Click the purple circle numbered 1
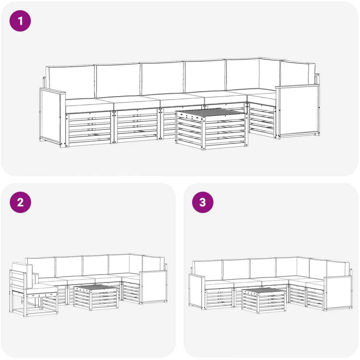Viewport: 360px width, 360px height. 20,21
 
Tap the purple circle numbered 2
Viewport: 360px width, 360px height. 20,202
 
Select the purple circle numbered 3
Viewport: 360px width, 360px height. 202,202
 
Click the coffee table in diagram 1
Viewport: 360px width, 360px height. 212,129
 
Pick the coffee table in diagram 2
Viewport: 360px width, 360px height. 96,297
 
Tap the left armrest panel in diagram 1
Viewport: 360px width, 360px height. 52,117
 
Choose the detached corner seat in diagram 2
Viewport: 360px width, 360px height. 33,290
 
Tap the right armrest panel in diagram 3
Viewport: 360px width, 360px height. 338,294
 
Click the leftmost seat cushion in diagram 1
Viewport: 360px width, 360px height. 90,105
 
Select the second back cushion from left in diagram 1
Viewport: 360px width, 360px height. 118,80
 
